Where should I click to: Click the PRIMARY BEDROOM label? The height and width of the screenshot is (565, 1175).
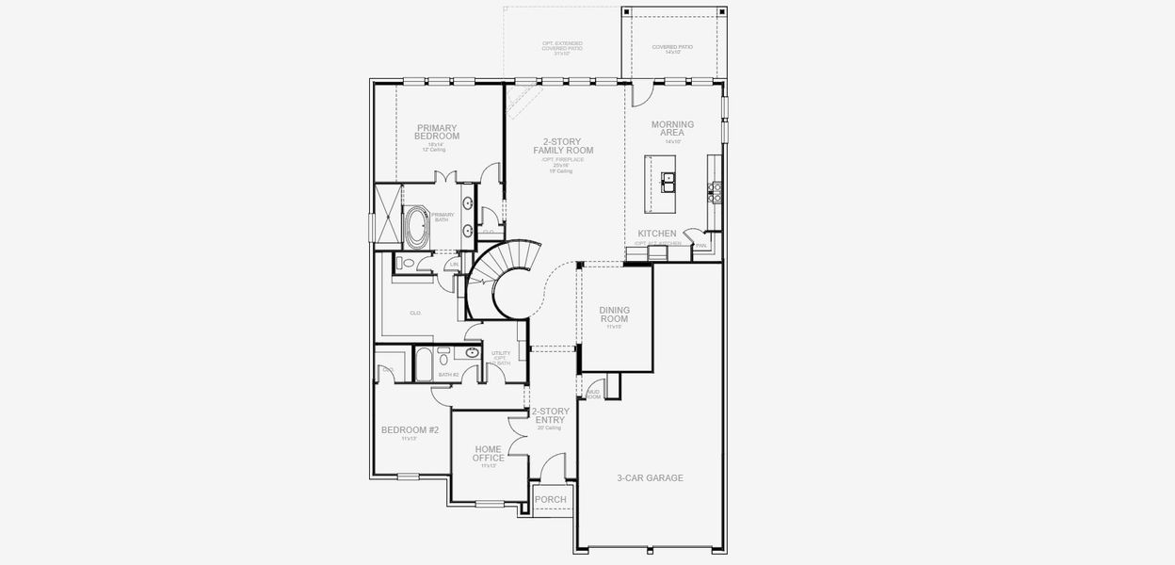point(437,132)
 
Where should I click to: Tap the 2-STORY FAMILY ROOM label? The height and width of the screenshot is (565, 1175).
point(563,146)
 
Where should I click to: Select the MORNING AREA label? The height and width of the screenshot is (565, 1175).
point(672,129)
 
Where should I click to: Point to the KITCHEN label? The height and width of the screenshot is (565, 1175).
point(657,233)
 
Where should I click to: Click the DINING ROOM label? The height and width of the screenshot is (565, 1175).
point(614,315)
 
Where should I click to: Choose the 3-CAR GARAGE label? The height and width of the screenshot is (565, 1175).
point(650,477)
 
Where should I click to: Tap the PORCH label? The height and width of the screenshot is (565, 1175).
point(550,499)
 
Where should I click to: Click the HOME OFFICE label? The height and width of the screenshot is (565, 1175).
point(489,454)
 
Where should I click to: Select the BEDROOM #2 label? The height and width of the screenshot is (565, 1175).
point(410,429)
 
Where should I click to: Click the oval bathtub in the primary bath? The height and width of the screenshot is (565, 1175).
point(415,226)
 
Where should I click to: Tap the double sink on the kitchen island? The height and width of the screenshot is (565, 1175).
point(668,181)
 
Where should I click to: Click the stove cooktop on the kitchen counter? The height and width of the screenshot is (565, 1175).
point(715,192)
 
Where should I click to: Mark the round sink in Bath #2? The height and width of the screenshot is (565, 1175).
point(471,354)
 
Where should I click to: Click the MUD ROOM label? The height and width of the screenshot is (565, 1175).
point(593,394)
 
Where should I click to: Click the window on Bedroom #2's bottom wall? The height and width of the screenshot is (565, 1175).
point(408,476)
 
